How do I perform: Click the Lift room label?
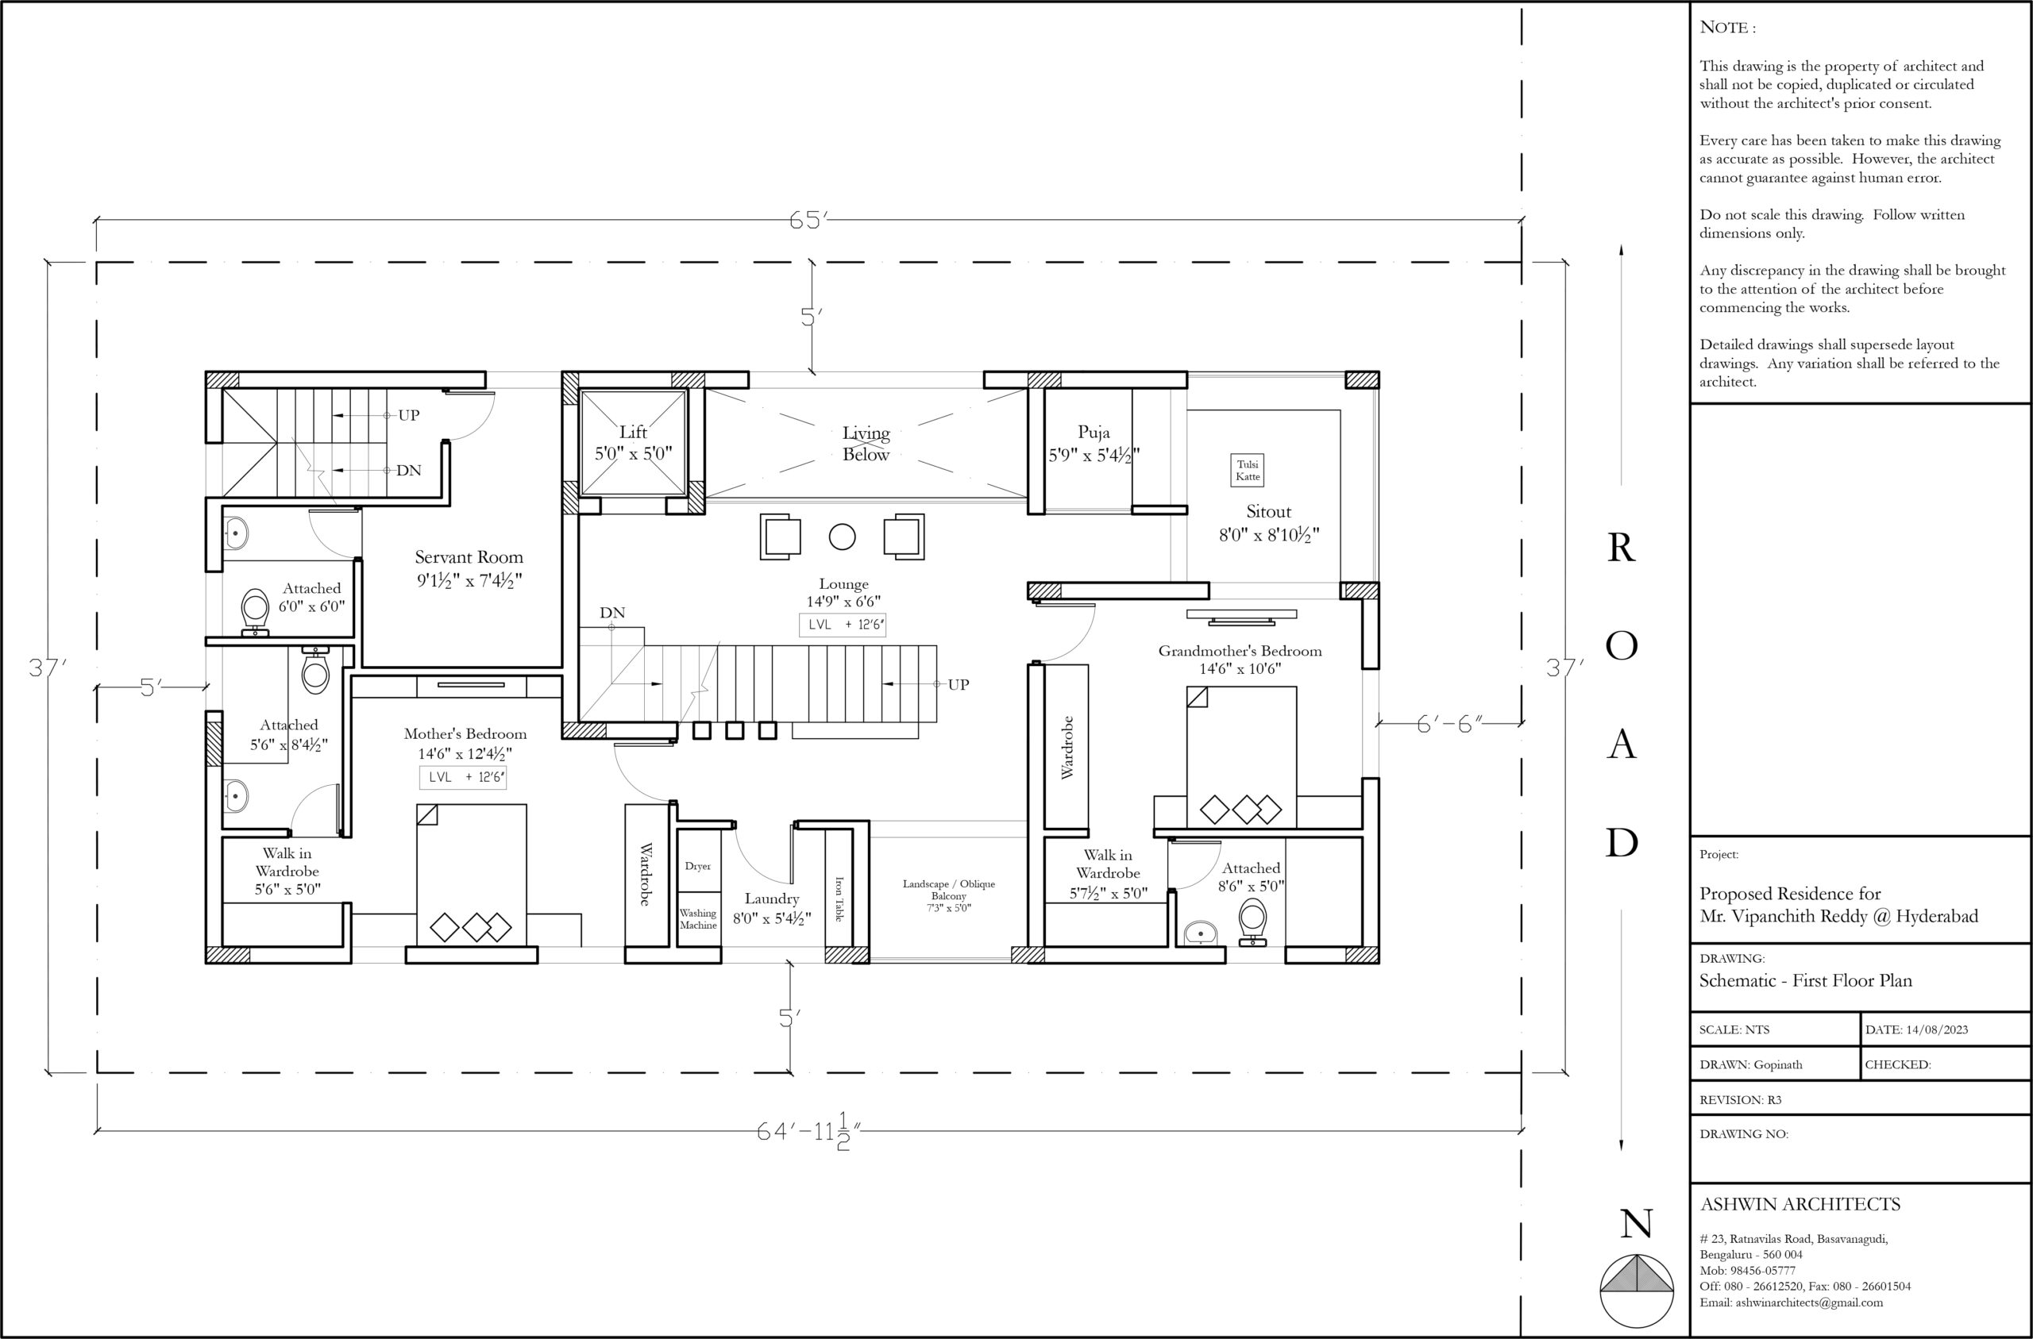click(633, 432)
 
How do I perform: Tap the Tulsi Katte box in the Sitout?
click(1247, 471)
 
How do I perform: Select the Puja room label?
click(1094, 432)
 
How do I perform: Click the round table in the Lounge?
click(843, 537)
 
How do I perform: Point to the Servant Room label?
click(469, 556)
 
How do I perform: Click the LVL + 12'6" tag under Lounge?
click(843, 624)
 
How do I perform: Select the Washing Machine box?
click(698, 919)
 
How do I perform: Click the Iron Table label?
click(839, 898)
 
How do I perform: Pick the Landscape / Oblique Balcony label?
click(949, 890)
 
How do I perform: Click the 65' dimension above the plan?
click(808, 221)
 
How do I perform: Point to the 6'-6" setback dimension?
click(1449, 724)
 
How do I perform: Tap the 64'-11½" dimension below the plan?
click(808, 1132)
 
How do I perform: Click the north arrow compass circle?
click(1637, 1291)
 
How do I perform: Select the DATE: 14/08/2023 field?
click(1917, 1029)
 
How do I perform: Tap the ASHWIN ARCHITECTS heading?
click(1800, 1204)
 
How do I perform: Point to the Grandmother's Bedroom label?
click(1240, 651)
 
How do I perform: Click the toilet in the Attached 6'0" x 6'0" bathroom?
click(256, 612)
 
